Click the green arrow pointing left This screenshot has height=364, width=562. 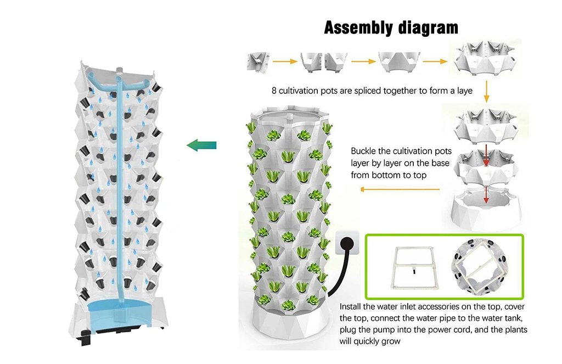point(201,145)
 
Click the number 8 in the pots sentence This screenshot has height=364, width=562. point(274,90)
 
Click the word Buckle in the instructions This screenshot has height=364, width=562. point(364,151)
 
